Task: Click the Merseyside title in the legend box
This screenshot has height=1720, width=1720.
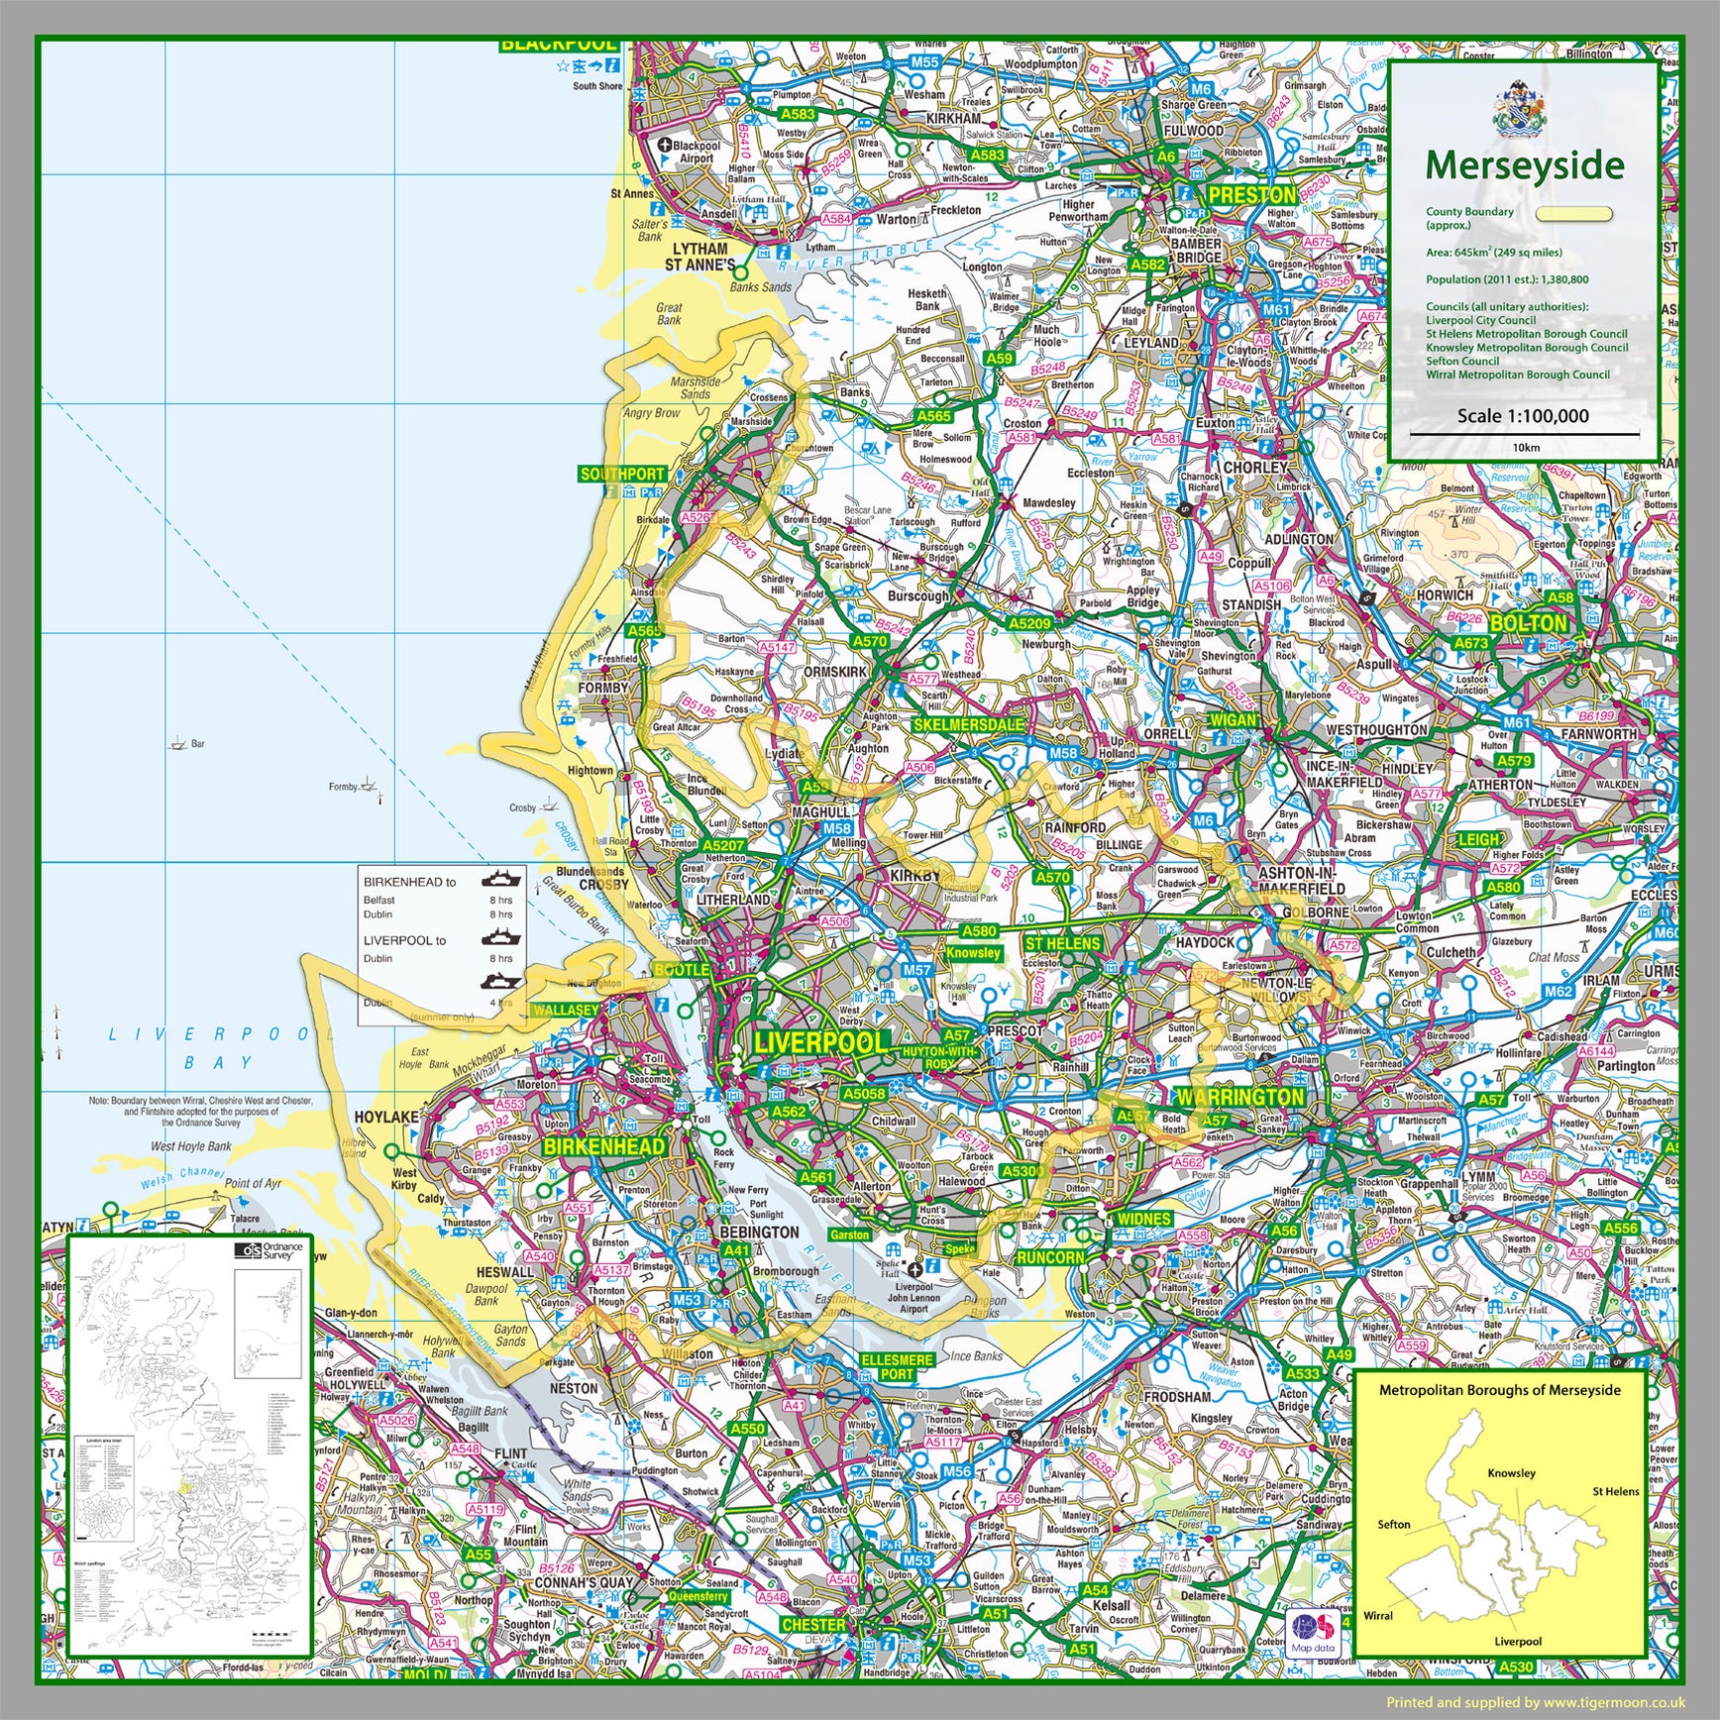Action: [1525, 166]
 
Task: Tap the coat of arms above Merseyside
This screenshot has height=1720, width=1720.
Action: [1520, 109]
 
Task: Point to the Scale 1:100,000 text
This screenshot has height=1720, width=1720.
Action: [1522, 416]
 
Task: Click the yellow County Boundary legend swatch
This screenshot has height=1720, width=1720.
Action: [1573, 214]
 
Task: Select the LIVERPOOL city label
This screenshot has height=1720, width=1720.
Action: [821, 1043]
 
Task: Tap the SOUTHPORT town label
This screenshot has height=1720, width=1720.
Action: [622, 475]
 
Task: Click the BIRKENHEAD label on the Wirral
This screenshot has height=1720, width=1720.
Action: [604, 1146]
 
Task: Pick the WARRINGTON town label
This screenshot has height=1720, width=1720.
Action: [1239, 1098]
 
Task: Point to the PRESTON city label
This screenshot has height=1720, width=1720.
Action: [1251, 195]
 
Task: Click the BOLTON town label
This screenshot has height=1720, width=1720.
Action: [1529, 623]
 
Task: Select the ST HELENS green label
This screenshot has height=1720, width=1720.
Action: [1062, 943]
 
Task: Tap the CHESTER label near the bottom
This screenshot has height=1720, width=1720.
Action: [813, 1625]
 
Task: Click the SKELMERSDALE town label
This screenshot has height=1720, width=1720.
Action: [968, 724]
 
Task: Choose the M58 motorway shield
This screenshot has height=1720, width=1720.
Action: [1063, 753]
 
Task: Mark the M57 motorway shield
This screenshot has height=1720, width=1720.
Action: [916, 970]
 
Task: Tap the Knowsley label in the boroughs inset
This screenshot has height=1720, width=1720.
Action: [1511, 1472]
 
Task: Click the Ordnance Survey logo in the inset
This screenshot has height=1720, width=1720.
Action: [269, 1251]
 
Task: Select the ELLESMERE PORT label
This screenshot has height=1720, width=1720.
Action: [897, 1367]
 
